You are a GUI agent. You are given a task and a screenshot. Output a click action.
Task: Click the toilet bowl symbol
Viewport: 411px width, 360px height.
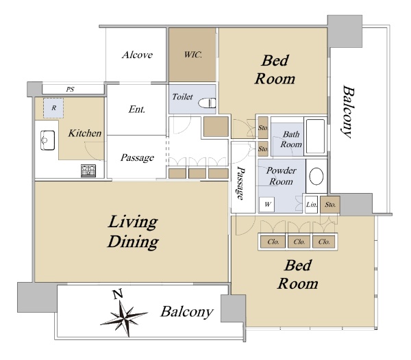[207, 103]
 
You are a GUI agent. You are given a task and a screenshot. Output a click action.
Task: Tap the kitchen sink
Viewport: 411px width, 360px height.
[47, 140]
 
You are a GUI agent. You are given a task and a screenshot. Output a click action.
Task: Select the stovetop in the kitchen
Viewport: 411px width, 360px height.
[88, 170]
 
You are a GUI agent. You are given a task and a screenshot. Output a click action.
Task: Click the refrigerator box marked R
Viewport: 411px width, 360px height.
[53, 108]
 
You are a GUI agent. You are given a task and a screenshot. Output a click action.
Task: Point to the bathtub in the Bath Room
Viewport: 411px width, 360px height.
[315, 136]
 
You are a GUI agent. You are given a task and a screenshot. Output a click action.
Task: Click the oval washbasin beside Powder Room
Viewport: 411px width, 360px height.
[316, 176]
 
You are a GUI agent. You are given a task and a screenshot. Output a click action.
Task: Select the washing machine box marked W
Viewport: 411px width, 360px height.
[267, 204]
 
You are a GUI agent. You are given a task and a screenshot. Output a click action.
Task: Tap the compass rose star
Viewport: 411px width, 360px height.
[124, 317]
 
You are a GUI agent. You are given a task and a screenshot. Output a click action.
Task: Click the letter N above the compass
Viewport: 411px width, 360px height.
[118, 294]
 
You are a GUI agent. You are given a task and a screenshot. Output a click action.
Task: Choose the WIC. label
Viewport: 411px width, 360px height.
[193, 55]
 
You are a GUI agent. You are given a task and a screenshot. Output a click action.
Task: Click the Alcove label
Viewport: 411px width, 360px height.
[137, 55]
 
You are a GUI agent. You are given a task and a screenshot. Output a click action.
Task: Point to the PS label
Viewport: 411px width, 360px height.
[70, 90]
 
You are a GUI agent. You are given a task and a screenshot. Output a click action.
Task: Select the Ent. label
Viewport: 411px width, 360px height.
[136, 110]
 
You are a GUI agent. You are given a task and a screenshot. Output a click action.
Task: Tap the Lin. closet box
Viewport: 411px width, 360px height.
[312, 204]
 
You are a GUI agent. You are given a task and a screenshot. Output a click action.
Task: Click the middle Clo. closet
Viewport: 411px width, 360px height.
[299, 242]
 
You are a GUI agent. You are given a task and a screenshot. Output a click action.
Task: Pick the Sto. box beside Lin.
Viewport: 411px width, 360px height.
[330, 204]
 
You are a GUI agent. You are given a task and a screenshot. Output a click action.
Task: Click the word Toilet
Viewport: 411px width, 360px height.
[182, 97]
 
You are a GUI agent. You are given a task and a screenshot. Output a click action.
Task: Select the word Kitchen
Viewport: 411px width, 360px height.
[85, 133]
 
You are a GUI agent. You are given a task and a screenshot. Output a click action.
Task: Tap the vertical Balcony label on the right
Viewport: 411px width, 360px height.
[349, 112]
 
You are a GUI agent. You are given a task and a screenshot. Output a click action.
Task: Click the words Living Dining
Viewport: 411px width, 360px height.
[133, 232]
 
